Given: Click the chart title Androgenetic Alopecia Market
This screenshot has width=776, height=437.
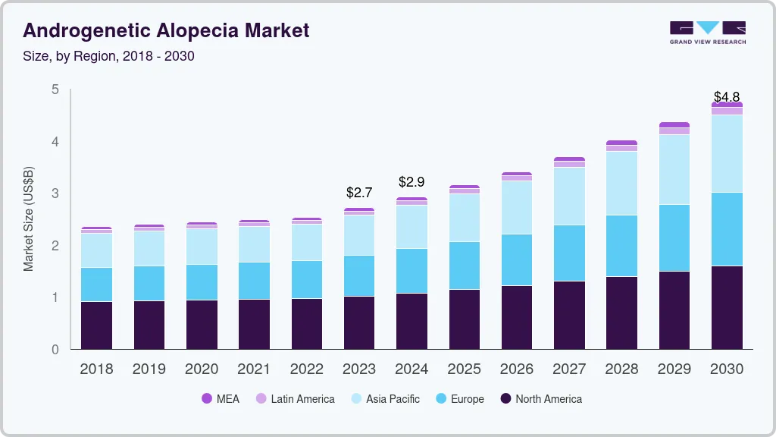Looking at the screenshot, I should pos(166,30).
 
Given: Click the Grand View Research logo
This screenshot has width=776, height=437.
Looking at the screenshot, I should pos(707,32).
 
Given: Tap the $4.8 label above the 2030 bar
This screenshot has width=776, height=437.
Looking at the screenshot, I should pos(727,97).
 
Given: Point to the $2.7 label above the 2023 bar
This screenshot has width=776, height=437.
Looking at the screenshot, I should pos(358,193).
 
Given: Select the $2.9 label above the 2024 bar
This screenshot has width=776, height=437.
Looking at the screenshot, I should pos(411,182).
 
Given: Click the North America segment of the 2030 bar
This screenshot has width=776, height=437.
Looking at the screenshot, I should pos(727,307).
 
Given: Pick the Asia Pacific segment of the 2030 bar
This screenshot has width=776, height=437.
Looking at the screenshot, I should pos(727,153).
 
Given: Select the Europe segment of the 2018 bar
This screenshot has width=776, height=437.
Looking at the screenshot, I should pos(96,285).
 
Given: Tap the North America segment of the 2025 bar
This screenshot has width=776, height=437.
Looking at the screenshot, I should pos(464,319).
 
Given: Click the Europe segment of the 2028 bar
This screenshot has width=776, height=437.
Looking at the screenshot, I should pos(621,246).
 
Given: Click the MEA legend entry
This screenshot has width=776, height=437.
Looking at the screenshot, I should pos(221,399).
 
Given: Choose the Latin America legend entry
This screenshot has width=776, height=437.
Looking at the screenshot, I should pos(295,399).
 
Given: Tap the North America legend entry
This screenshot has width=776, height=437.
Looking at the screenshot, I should pos(541,399).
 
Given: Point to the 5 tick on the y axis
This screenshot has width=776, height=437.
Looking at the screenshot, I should pos(55,90).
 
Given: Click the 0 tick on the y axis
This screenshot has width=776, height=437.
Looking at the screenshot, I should pos(55,350).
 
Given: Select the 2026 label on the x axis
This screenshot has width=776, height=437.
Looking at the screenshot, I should pos(516,369).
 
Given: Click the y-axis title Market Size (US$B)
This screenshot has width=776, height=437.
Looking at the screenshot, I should pos(28,218).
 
